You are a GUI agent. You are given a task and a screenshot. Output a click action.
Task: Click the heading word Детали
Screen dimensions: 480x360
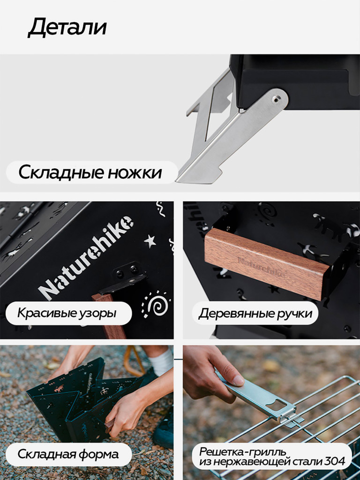tap(67, 28)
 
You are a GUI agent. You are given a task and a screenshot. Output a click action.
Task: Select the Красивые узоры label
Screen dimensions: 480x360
tap(67, 313)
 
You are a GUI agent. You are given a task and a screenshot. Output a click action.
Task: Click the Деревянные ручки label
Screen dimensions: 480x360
tap(255, 313)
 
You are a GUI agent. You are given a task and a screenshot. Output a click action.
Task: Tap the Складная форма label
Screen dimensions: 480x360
tap(68, 454)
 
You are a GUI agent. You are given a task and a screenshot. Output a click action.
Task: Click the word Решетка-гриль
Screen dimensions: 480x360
tap(232, 451)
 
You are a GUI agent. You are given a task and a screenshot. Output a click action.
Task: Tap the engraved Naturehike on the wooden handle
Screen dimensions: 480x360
tap(262, 267)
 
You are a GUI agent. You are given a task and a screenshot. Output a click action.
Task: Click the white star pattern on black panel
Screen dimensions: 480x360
tap(150, 241)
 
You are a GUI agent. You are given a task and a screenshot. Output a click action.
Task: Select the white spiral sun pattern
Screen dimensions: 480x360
tap(155, 303)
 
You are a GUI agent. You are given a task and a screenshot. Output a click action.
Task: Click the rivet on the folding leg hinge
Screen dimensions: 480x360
tap(277, 99)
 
